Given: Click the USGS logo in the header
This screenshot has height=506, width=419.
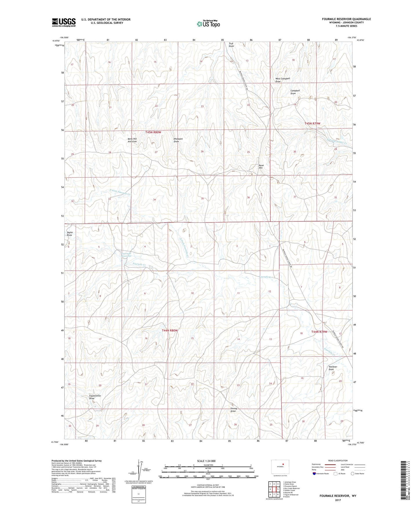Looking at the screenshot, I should click(64, 22).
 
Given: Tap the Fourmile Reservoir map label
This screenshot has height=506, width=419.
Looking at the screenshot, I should click(126, 255).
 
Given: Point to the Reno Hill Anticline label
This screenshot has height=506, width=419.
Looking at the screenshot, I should click(132, 140).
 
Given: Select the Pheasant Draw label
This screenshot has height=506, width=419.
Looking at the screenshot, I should click(178, 140).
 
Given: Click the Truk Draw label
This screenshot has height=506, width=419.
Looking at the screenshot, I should click(231, 45).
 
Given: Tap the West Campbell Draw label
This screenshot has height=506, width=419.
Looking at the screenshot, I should click(282, 80).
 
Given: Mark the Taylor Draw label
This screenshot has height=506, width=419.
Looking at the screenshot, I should click(70, 234).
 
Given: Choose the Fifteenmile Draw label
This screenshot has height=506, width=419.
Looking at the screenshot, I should click(95, 397).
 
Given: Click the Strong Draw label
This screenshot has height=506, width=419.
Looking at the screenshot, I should click(233, 410).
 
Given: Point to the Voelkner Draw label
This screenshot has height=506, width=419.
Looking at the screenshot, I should click(333, 368).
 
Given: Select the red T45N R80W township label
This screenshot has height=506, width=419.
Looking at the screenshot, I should click(153, 132).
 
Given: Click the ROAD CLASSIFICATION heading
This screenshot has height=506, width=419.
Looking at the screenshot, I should click(338, 461).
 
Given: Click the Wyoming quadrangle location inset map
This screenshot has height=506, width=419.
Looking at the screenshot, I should click(280, 467).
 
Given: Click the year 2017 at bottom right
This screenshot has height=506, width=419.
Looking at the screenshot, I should click(338, 500).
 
